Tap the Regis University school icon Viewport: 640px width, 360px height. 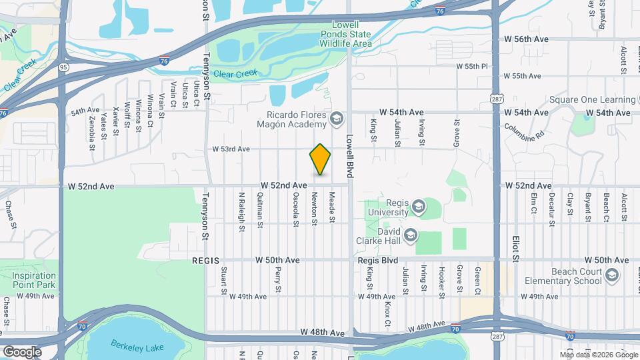418,206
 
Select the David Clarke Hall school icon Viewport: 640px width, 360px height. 410,235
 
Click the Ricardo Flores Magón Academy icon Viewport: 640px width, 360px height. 336,119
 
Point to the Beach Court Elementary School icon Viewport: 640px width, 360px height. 611,275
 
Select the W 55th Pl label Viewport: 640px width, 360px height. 473,67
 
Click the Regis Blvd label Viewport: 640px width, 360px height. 377,260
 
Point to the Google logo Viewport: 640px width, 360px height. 22,351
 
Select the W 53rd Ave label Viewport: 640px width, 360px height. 231,149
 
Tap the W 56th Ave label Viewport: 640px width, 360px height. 526,39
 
